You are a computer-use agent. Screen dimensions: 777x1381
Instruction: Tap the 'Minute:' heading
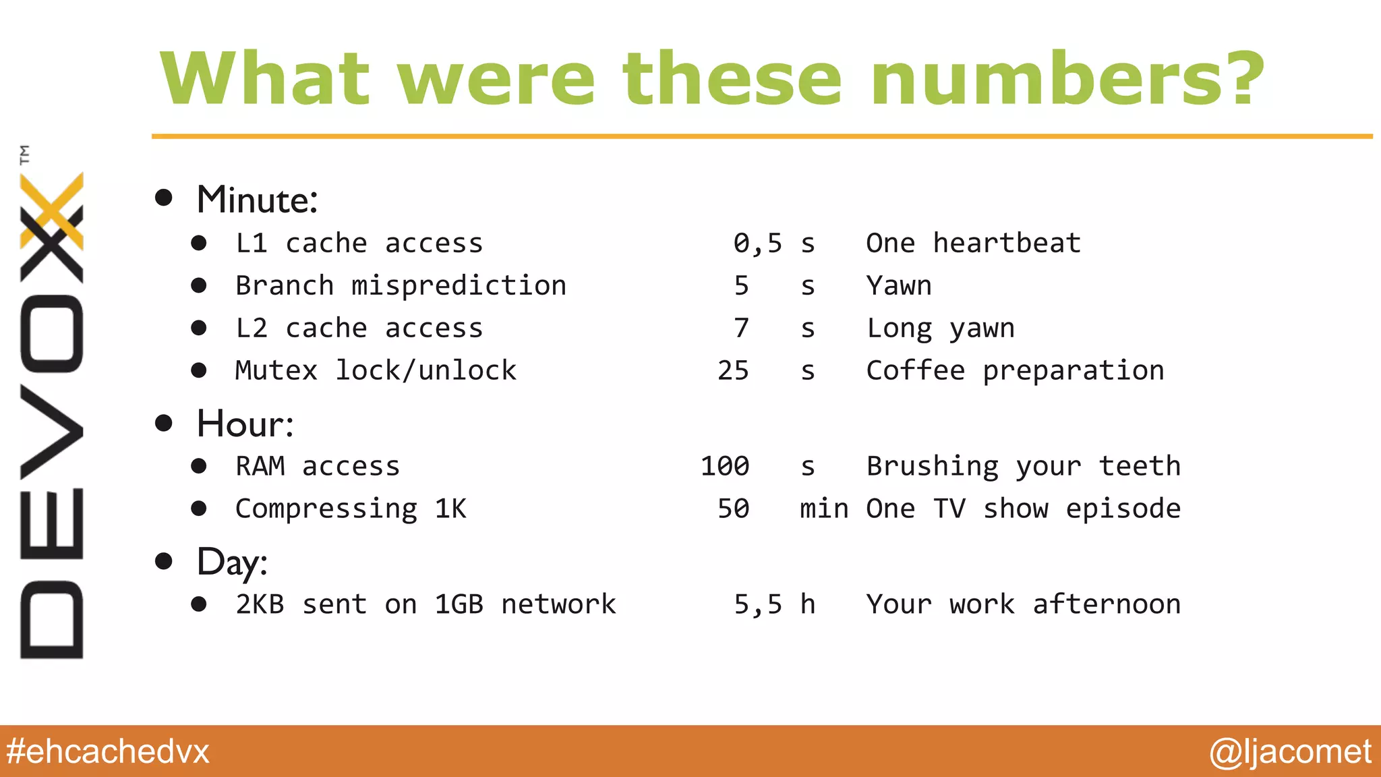[x=257, y=200]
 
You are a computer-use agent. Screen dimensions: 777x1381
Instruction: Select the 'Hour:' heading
[x=245, y=424]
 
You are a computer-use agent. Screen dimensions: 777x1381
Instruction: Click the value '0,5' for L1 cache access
[x=758, y=243]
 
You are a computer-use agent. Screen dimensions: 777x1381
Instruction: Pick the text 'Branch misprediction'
[x=401, y=286]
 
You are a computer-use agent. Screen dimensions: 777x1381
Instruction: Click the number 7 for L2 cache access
[x=741, y=328]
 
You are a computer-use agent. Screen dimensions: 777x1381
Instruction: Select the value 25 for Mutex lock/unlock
[x=733, y=371]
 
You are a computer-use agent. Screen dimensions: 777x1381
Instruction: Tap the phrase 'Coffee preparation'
[x=1015, y=371]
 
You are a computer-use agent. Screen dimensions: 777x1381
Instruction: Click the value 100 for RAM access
[x=725, y=467]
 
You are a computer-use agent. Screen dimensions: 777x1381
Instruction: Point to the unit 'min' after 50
[x=824, y=509]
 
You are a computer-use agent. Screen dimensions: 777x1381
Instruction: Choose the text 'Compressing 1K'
[x=351, y=509]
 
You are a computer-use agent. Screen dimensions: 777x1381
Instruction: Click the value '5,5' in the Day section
[x=758, y=604]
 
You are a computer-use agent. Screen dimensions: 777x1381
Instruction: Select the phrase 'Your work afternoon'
[x=1023, y=604]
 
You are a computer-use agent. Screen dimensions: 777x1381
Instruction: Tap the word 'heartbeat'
[x=1007, y=243]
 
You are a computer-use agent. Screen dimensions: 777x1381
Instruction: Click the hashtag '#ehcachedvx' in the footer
[x=108, y=751]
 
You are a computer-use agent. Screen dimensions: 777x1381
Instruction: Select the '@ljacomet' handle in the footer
[x=1290, y=751]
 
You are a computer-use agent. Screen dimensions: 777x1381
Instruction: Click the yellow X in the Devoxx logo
[x=53, y=210]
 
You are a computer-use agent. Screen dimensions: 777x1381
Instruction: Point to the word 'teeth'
[x=1140, y=467]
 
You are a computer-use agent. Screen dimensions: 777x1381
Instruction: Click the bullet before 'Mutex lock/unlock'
[x=199, y=370]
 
